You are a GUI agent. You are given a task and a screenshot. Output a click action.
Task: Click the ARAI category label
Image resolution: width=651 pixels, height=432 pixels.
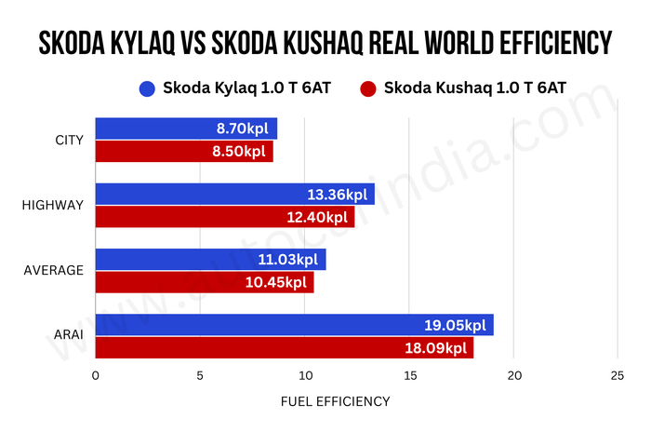[66, 336]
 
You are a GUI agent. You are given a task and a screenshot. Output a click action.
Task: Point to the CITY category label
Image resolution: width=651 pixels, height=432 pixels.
[70, 141]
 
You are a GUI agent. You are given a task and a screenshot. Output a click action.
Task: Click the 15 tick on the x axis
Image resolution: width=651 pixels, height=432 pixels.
[409, 376]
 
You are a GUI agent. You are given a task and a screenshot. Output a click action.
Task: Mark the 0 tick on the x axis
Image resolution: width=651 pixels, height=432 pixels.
[96, 376]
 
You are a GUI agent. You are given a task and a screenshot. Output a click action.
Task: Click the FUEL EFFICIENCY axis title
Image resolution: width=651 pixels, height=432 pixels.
[335, 401]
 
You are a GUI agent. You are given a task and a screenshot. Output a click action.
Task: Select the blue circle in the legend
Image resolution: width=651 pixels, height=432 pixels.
[146, 88]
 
